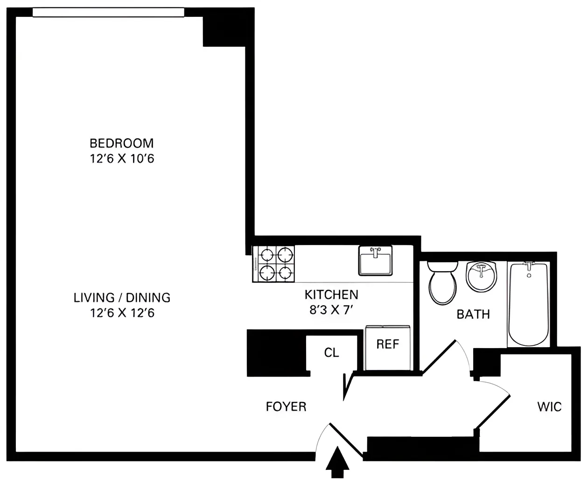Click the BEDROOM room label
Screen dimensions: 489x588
tap(121, 143)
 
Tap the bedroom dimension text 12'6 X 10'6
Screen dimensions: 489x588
tap(122, 159)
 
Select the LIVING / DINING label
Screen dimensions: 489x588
tap(122, 297)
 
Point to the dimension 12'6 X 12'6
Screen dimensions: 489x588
tap(122, 313)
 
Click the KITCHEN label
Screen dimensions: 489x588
tap(331, 294)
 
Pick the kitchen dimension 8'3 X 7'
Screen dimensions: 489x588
tap(331, 310)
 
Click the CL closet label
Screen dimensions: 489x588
tap(331, 353)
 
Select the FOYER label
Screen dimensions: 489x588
tap(286, 406)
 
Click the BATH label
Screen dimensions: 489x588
tap(473, 314)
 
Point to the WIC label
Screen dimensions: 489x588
tap(549, 406)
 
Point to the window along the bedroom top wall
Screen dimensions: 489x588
tap(108, 13)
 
